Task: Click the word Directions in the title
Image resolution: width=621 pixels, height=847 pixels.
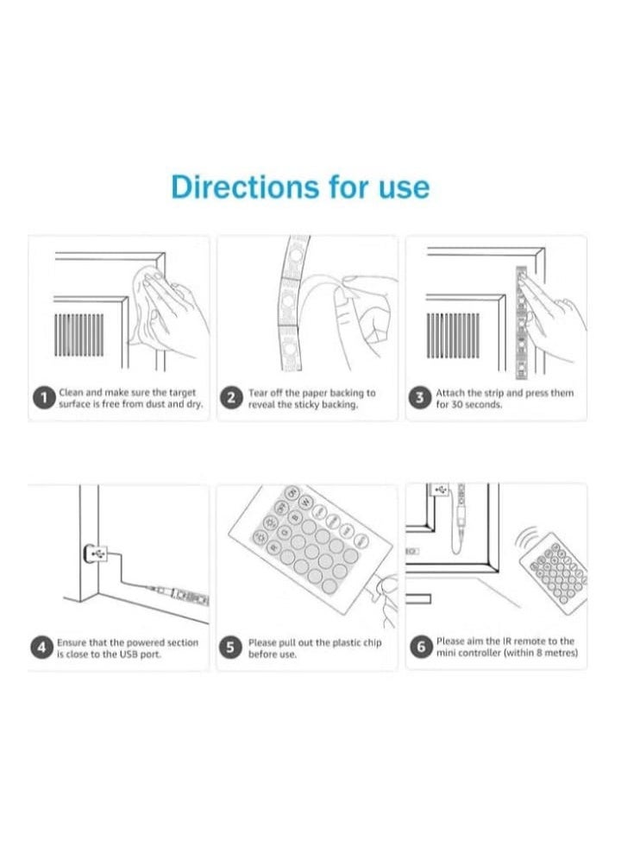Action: click(243, 186)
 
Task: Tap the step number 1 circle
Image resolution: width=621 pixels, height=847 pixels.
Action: click(43, 398)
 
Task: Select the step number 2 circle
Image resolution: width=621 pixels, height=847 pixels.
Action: click(231, 398)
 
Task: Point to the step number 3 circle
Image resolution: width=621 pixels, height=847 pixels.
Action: click(420, 398)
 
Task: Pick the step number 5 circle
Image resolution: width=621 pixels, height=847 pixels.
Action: click(231, 648)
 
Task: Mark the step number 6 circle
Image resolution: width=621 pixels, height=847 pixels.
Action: click(420, 648)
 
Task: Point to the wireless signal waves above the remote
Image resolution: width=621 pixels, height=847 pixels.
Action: click(529, 540)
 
